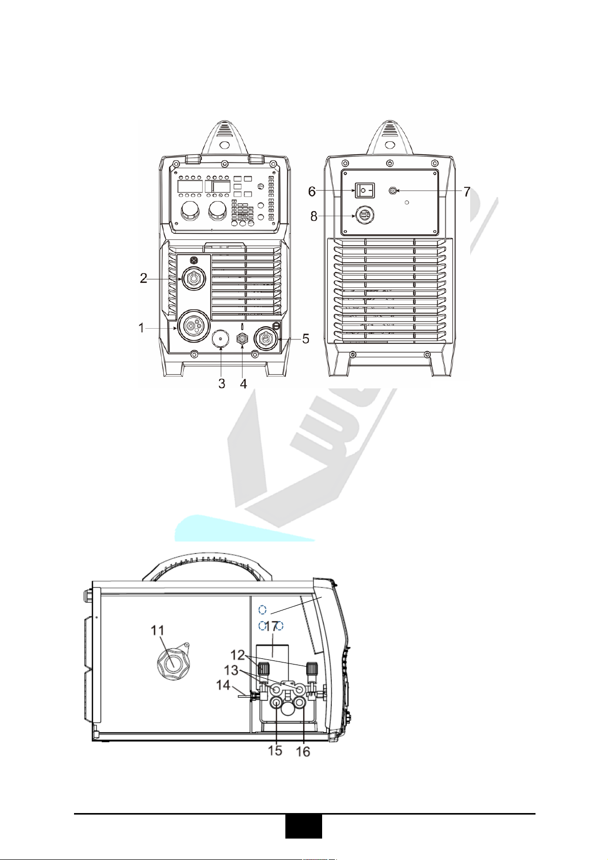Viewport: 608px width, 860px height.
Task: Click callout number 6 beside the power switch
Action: pos(312,190)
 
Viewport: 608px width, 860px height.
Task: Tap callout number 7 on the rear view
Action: pos(466,191)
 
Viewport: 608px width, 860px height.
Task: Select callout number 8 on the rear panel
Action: pos(314,216)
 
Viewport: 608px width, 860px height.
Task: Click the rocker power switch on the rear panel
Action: pos(364,190)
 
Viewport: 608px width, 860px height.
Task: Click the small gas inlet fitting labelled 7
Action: pos(393,190)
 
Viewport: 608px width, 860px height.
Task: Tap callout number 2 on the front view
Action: pos(143,278)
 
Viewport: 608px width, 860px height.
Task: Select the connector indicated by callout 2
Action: pos(194,278)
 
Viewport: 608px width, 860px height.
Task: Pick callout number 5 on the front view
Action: pos(305,338)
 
